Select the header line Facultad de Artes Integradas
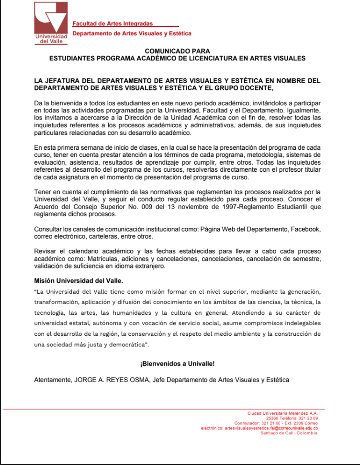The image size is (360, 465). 112,24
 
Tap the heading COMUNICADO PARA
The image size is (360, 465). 177,51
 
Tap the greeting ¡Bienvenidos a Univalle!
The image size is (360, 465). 177,364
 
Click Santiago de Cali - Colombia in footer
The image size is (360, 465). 289,433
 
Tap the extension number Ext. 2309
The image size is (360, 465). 287,423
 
